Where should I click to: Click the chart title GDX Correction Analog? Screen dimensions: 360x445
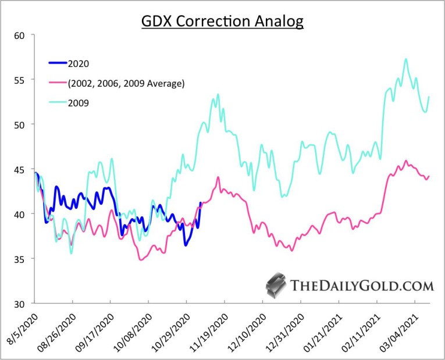pos(223,22)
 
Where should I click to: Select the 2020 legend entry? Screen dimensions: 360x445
pos(79,63)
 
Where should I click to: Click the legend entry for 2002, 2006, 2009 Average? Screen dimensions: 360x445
pos(126,83)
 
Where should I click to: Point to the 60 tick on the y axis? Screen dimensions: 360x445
pos(22,35)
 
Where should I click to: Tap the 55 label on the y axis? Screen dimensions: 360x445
pos(22,80)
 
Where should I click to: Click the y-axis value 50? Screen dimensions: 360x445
pos(22,124)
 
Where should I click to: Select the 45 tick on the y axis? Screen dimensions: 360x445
pos(22,169)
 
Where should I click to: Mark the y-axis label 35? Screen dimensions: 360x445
pos(22,259)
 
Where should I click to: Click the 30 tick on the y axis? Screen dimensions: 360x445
pos(22,304)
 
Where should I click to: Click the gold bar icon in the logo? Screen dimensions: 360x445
pos(276,284)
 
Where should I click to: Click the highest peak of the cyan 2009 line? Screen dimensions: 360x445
pos(405,59)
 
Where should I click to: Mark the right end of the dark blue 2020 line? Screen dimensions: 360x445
pos(201,203)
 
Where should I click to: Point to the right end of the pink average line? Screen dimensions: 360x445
pos(429,176)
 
